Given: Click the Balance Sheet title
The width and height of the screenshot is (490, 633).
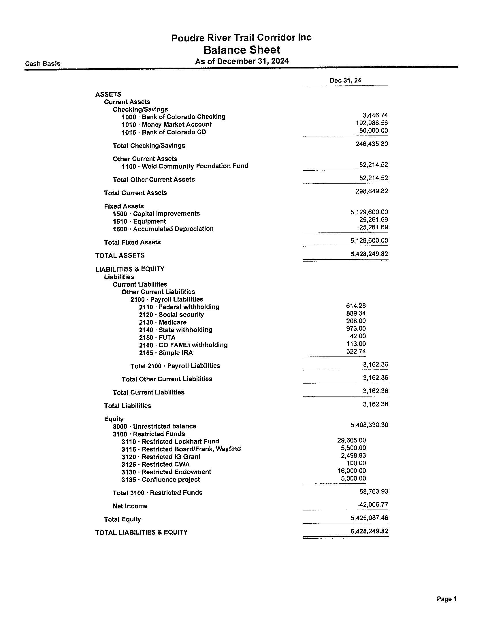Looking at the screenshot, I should pos(242,50).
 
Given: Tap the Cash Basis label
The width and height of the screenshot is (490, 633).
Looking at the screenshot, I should pos(43,64).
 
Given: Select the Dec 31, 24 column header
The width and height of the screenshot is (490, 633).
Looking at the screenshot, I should pos(345,81).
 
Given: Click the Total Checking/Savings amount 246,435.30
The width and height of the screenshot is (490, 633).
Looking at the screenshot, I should pos(372,144).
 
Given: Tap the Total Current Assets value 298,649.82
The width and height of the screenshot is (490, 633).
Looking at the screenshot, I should pos(372,191).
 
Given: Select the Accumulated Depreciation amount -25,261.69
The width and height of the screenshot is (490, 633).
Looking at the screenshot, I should pos(372,227).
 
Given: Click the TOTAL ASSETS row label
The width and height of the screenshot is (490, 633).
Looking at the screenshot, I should pos(120,256).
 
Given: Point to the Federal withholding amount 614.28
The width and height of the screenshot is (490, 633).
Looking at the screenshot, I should pos(356,306).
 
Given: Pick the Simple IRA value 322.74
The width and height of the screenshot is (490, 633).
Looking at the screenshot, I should pos(356,352).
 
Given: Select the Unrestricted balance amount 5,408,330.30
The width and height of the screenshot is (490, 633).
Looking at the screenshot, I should pos(369,425).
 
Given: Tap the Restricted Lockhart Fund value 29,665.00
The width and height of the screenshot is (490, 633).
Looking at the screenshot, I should pos(352,441).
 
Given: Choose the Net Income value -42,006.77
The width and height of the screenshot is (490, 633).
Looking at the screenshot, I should pos(372,505).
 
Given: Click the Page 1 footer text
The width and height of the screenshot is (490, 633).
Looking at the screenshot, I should pos(446,599).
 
